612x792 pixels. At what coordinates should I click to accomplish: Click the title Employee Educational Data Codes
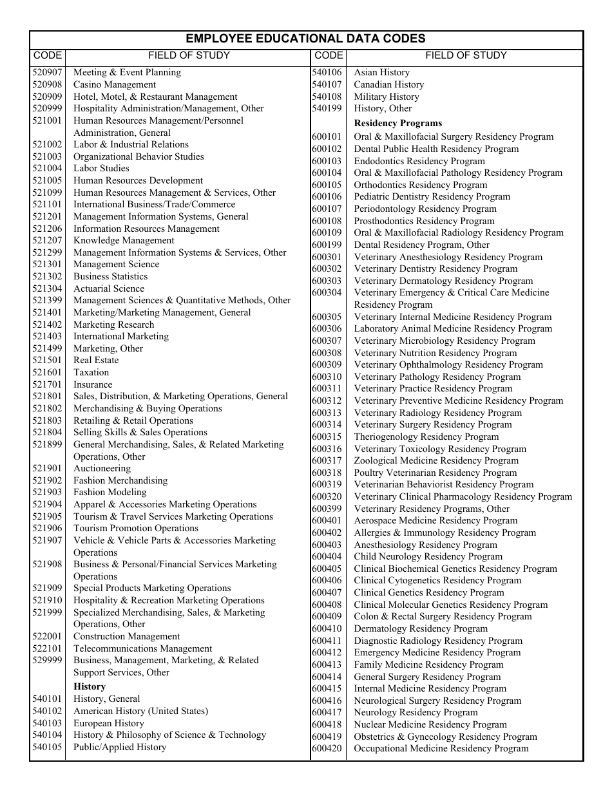306,39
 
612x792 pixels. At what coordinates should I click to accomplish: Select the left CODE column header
47,55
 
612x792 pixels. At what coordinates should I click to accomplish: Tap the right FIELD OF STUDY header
466,55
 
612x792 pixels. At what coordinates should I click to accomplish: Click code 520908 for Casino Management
47,84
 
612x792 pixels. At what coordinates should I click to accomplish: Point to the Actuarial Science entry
109,288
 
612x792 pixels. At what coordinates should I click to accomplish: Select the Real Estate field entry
96,361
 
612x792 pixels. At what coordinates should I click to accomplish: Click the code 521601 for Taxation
47,372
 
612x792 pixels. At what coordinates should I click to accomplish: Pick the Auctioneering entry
102,468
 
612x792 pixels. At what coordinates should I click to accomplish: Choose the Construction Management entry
118,636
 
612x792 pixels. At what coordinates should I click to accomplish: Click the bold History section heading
90,686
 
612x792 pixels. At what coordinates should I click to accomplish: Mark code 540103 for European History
47,723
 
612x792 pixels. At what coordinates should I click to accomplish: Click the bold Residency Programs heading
398,123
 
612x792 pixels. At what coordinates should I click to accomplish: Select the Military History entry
387,97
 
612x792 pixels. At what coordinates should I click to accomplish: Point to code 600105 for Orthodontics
327,185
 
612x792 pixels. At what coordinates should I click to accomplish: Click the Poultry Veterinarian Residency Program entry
435,473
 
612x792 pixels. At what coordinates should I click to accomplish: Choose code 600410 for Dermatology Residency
327,628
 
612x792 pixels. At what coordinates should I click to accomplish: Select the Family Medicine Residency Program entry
428,665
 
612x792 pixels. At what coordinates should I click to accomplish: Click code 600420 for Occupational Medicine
327,748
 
